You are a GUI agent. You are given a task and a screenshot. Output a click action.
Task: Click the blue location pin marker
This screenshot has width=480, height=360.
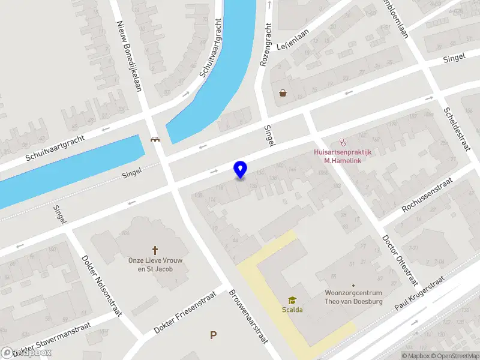click(x=240, y=170)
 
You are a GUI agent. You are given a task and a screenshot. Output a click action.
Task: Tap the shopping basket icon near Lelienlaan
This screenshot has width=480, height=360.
click(x=283, y=93)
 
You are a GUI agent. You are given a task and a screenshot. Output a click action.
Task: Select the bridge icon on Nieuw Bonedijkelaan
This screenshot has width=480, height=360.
click(x=155, y=140)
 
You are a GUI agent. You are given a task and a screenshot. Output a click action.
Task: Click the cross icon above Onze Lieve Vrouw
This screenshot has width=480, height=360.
click(x=155, y=250)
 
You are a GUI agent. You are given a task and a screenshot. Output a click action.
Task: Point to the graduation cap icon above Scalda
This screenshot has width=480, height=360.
click(x=292, y=300)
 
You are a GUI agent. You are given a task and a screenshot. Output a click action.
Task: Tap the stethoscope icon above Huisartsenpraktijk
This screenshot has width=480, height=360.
click(x=343, y=143)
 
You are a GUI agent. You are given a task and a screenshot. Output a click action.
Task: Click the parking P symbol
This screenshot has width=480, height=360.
click(x=213, y=335)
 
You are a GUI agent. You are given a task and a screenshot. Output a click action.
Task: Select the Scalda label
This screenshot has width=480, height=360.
click(x=292, y=310)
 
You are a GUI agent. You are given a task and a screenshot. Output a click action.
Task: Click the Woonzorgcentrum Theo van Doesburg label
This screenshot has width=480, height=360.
click(x=353, y=297)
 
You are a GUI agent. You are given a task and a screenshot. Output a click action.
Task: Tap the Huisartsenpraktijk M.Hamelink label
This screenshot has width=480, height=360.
click(x=343, y=156)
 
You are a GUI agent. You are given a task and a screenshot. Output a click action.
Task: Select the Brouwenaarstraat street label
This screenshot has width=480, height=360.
click(x=247, y=317)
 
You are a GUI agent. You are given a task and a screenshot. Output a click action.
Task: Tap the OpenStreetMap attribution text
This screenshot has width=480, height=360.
click(x=453, y=356)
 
